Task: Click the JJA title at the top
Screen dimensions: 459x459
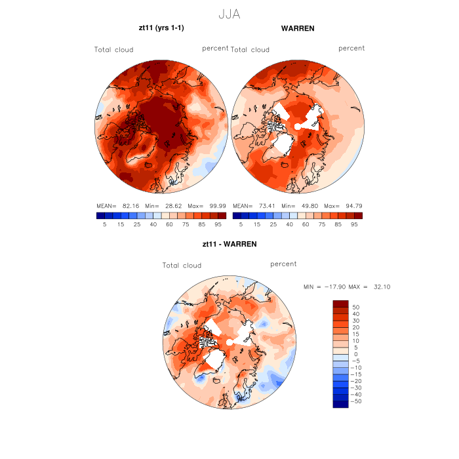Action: (229, 14)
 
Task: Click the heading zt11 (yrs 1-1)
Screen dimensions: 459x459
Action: (160, 29)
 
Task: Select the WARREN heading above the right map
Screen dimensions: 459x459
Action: (298, 29)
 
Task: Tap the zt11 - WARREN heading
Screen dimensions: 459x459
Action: (229, 244)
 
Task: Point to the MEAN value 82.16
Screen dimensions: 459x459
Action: (132, 205)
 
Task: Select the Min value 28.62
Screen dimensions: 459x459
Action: (172, 205)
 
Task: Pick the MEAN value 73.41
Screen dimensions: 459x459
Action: (269, 205)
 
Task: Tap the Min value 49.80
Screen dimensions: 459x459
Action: (309, 205)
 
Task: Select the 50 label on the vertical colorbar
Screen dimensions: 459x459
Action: (357, 307)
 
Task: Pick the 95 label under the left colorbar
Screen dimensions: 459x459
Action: (221, 224)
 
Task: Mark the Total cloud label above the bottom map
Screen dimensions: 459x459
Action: (182, 266)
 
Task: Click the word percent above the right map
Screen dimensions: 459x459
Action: (351, 49)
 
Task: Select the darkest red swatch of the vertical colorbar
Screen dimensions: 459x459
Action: (340, 304)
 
